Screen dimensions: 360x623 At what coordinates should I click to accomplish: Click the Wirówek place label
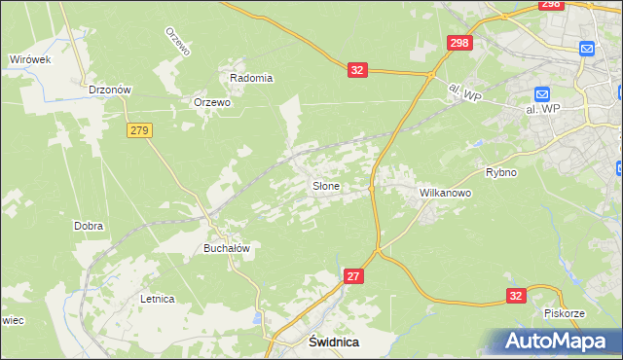(x=29, y=59)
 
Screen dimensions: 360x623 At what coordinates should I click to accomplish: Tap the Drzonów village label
(x=109, y=89)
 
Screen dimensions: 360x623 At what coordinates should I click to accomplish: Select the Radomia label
(x=250, y=78)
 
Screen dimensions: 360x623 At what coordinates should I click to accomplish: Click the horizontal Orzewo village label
(x=211, y=102)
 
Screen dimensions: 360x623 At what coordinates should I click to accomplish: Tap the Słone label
(x=325, y=185)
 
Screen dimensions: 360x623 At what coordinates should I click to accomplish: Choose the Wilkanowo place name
(x=445, y=194)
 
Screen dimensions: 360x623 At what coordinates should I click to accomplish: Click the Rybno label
(x=500, y=172)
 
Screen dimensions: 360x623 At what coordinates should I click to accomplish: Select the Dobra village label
(x=89, y=226)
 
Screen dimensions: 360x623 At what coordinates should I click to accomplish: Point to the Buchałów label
(x=227, y=248)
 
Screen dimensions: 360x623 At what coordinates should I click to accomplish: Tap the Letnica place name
(x=157, y=299)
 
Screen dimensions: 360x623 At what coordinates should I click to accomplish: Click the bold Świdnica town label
(x=333, y=342)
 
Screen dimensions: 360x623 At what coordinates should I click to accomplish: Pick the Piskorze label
(x=564, y=314)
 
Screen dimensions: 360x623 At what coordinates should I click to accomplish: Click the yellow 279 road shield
(x=139, y=130)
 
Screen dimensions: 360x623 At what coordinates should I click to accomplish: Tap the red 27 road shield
(x=354, y=277)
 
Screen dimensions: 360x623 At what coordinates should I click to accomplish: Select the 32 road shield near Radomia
(x=358, y=70)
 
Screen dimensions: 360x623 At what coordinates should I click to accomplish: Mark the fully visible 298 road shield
(x=459, y=44)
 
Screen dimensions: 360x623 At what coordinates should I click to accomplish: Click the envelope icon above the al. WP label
(x=543, y=94)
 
